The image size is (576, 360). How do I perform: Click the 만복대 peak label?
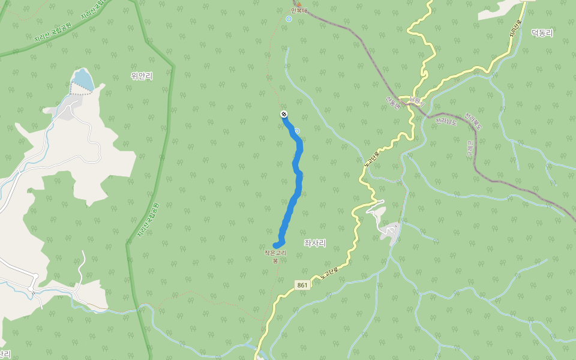click(x=298, y=11)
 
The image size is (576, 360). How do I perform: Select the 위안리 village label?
click(x=142, y=76)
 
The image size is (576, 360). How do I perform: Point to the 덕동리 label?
click(x=542, y=33)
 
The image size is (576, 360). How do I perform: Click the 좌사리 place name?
click(x=315, y=242)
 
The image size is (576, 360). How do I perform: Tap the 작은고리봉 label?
click(x=275, y=257)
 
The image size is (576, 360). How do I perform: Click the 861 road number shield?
click(x=303, y=285)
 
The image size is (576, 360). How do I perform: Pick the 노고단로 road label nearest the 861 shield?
click(x=329, y=273)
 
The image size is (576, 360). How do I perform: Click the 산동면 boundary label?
click(x=392, y=103)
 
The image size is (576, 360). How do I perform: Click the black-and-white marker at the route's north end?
click(x=283, y=114)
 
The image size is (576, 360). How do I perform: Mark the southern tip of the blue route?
click(x=276, y=245)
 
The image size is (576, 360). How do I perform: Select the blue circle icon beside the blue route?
click(x=296, y=131)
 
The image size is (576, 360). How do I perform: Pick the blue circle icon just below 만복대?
click(x=289, y=19)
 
